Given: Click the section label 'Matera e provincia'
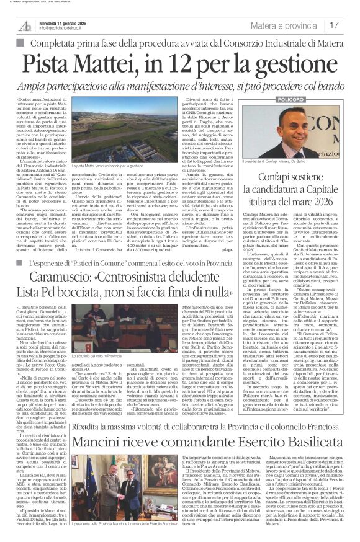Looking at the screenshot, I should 302,25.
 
